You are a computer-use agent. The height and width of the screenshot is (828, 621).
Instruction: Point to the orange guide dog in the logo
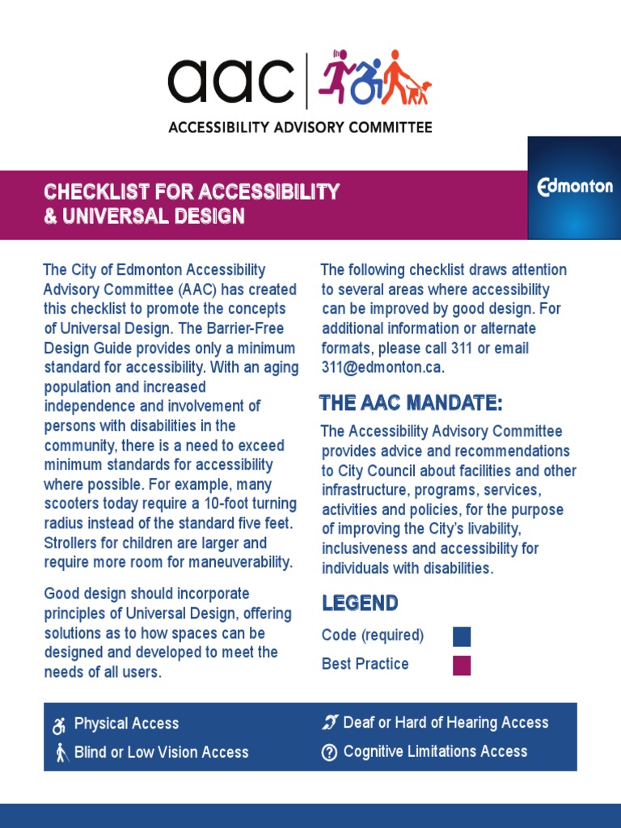(x=420, y=92)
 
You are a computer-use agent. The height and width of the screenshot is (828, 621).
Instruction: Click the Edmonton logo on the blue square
(x=575, y=187)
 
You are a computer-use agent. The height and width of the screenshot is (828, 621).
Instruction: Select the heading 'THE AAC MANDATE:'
(x=411, y=403)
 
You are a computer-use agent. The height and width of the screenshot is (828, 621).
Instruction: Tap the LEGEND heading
(x=360, y=603)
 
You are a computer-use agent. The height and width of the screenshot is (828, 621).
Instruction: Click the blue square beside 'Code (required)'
(x=462, y=636)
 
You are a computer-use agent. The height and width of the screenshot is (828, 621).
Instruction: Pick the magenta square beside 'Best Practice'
(x=462, y=665)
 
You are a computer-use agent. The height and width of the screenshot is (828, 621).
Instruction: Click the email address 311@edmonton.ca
(x=382, y=368)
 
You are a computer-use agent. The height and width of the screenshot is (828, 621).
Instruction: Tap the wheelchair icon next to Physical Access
(x=59, y=725)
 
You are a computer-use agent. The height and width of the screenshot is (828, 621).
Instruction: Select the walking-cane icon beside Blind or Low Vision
(x=59, y=753)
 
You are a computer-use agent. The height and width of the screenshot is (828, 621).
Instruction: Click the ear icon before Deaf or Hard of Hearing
(x=329, y=723)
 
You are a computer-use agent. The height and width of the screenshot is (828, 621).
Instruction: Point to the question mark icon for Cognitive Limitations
(x=329, y=752)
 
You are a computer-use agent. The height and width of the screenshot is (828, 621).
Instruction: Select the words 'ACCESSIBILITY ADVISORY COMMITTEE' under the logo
(x=299, y=127)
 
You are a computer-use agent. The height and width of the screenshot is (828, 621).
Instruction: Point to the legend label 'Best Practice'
(x=365, y=664)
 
